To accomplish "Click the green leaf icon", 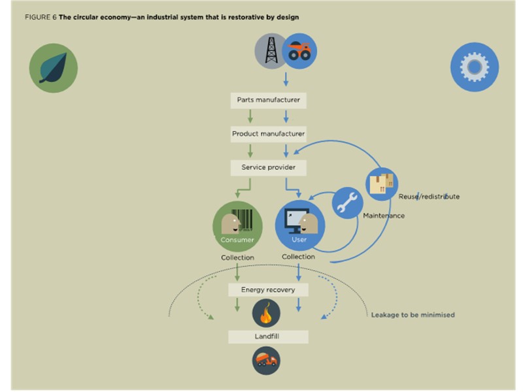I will (54, 68).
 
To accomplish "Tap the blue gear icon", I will (475, 67).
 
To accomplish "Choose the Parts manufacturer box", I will (268, 101).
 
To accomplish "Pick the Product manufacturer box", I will (268, 134).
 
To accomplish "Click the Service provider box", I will (268, 167).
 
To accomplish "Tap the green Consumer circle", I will (237, 226).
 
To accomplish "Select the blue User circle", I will (299, 226).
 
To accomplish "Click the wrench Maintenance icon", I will (347, 203).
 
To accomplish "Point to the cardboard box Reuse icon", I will (382, 184).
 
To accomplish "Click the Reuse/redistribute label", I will (428, 196).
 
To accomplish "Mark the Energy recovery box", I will (268, 289).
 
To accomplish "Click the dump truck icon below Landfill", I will (267, 360).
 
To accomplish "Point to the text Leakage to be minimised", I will (413, 315).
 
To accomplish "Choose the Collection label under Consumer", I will (237, 257).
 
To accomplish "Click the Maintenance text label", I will (384, 216).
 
